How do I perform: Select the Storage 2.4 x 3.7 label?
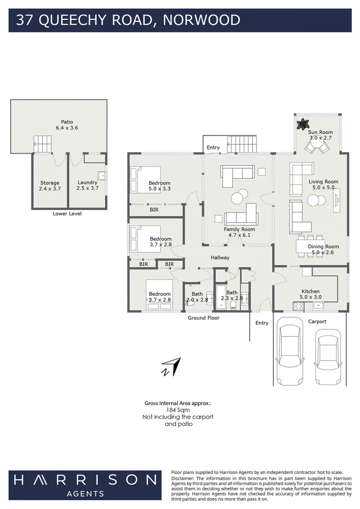[x=49, y=186]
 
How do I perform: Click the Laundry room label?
[x=88, y=185]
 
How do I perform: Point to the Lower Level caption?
[x=67, y=213]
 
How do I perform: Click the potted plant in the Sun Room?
[x=302, y=123]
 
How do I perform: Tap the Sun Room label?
[x=320, y=135]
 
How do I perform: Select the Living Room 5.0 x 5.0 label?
[x=323, y=184]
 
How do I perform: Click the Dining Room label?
[x=323, y=249]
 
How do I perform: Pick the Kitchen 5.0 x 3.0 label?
[x=311, y=294]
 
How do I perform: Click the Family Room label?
[x=240, y=232]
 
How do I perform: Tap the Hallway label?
[x=220, y=257]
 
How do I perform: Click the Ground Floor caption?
[x=204, y=318]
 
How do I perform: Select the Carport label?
[x=317, y=321]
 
